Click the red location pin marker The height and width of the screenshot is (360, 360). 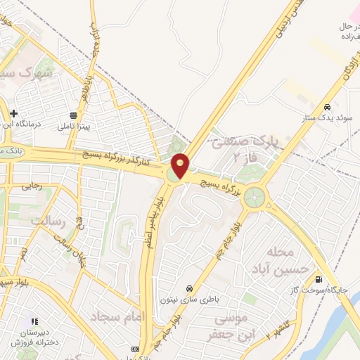(181, 165)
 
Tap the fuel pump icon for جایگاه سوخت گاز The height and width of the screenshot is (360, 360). (321, 278)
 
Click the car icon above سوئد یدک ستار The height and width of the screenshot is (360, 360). (327, 107)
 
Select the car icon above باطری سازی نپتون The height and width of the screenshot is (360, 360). (189, 288)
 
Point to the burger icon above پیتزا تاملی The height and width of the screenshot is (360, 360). (74, 116)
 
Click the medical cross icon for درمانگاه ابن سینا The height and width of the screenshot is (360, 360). (13, 112)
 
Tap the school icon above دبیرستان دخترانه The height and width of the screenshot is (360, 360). (35, 322)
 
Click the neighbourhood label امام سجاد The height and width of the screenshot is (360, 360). (117, 316)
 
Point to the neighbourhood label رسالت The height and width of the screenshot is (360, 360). (45, 221)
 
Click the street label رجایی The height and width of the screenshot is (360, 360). (32, 186)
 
